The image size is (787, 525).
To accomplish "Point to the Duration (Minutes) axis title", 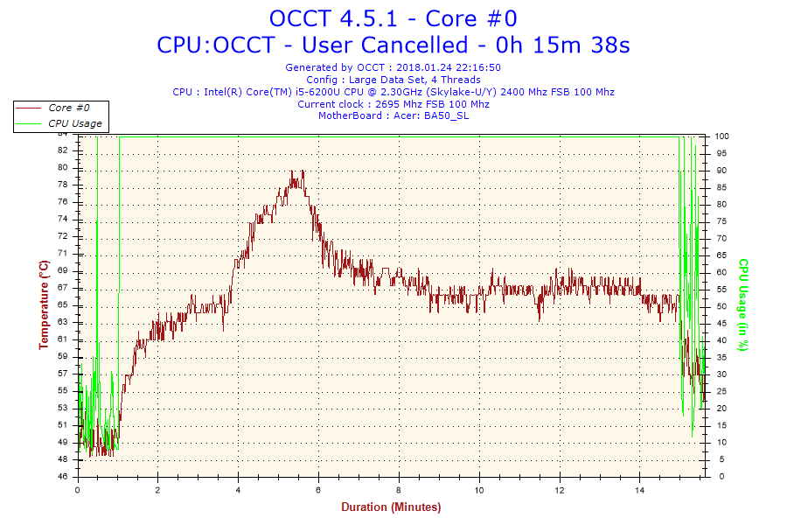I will coord(391,507).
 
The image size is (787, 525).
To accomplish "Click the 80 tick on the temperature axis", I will coord(63,167).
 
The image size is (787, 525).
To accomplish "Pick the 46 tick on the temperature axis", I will coord(63,477).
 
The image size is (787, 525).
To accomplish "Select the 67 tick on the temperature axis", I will coord(63,288).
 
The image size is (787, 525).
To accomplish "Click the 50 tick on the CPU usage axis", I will coord(720,306).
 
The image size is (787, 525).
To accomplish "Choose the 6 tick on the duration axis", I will coord(318,490).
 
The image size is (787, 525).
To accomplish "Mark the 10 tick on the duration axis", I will coord(479,490).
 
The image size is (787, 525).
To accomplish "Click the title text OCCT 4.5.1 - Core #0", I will coord(393,17).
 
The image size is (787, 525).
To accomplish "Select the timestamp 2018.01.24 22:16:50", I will coord(448,67).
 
